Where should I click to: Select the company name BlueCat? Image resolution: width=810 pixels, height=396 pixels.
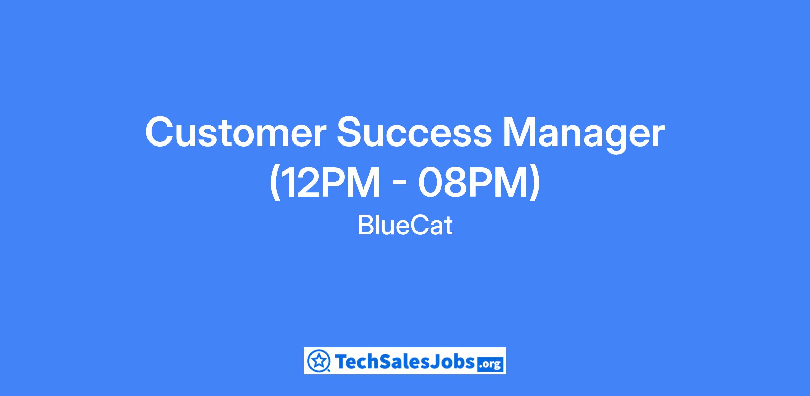point(405,226)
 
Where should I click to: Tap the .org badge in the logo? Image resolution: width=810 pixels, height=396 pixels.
point(491,365)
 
